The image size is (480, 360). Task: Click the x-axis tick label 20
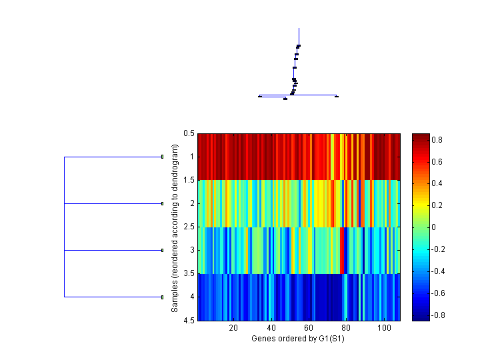[x=233, y=328]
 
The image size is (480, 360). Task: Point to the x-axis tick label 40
[x=271, y=328]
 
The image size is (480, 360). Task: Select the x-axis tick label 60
[x=309, y=328]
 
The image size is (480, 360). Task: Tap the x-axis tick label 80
[x=347, y=328]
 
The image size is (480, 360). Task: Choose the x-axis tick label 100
[x=384, y=328]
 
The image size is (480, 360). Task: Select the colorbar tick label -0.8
[x=440, y=315]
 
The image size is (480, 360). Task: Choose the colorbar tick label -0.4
[x=440, y=271]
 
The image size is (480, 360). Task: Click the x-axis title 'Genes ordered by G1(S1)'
[x=298, y=339]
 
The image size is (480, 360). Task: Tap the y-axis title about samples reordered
[x=175, y=227]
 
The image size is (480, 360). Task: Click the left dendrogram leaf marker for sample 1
[x=163, y=157]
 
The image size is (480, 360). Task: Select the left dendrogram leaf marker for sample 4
[x=163, y=297]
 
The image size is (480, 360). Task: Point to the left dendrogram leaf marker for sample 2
[x=163, y=203]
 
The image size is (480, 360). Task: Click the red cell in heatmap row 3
[x=343, y=251]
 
